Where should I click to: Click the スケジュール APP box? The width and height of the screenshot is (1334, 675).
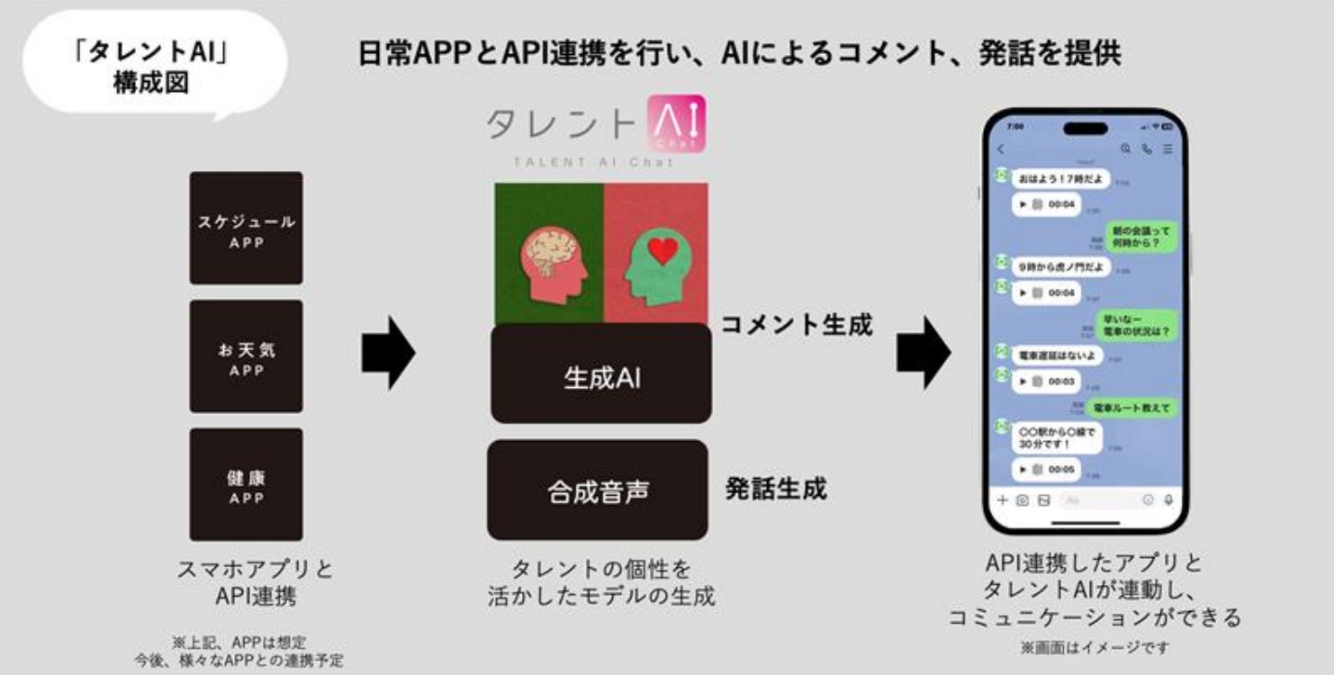pos(246,229)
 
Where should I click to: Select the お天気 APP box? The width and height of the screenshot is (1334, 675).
pos(246,356)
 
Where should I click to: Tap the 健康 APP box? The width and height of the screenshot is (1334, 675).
pos(246,484)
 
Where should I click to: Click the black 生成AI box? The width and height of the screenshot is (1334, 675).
pos(601,374)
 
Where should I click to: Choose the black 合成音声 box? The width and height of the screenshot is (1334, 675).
pos(598,490)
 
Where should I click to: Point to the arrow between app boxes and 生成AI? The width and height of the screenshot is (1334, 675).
pos(388,352)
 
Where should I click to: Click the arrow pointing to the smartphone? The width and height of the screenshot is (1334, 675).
pos(923,352)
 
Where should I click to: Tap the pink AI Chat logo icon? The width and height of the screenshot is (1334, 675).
pos(676,122)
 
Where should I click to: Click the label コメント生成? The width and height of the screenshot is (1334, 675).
pos(796,324)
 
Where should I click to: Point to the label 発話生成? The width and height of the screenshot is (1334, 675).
pos(776,489)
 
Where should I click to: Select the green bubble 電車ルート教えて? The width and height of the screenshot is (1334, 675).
pos(1131,408)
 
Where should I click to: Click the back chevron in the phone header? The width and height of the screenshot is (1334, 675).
pos(1001,149)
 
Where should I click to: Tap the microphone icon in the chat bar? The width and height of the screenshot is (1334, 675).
pos(1169,499)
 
